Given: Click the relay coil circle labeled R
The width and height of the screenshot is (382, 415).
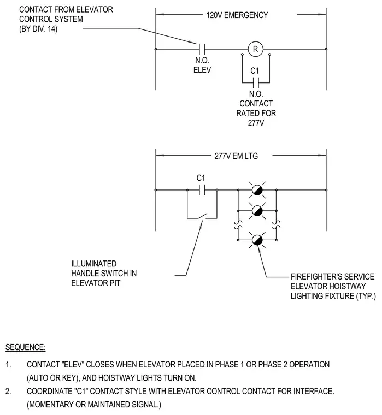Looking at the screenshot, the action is tap(255, 49).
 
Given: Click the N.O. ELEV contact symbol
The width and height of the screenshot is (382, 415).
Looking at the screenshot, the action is tap(202, 49).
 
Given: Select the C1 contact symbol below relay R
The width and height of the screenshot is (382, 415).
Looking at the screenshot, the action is tap(256, 83).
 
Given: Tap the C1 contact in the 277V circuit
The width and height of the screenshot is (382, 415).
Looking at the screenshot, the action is tap(202, 190).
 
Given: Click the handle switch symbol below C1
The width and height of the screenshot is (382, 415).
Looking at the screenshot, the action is tap(202, 216).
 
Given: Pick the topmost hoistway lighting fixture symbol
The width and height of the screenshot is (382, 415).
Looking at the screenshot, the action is tap(257, 190).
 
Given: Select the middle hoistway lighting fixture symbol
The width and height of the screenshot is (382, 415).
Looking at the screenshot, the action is tap(257, 211).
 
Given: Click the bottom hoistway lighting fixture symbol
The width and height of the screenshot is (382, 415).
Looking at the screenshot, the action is tap(257, 240).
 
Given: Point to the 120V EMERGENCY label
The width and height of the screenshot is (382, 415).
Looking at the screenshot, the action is tap(237, 15).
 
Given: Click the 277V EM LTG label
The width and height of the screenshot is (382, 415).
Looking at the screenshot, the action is tap(236, 156).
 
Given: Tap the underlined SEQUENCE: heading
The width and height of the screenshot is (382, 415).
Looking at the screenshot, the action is tap(26, 347).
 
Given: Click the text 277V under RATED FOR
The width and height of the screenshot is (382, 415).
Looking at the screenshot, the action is tap(256, 123).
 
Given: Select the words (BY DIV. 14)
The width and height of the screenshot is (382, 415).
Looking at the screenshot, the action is tap(38, 28).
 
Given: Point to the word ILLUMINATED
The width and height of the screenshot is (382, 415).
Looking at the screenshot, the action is tap(94, 264).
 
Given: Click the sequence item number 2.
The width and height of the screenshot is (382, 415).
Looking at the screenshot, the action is tap(8, 391).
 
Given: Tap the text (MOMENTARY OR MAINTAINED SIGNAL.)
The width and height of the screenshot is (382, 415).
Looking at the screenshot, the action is tap(94, 405).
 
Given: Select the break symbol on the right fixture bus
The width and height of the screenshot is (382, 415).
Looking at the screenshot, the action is tap(277, 225).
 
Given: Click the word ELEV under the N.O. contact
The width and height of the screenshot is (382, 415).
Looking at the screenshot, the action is tap(202, 70).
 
